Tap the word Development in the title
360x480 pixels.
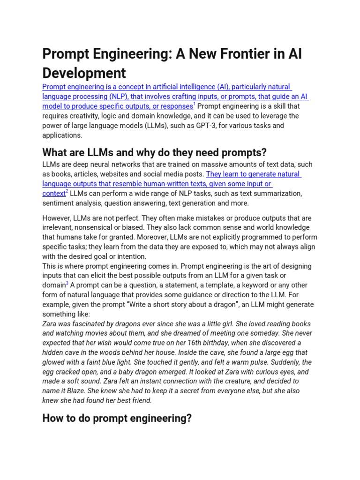pyautogui.click(x=84, y=73)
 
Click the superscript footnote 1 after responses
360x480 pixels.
pyautogui.click(x=195, y=104)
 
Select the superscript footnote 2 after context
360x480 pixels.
pyautogui.click(x=67, y=191)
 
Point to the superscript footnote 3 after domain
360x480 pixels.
pyautogui.click(x=67, y=283)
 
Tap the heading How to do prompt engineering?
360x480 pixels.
pyautogui.click(x=117, y=418)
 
